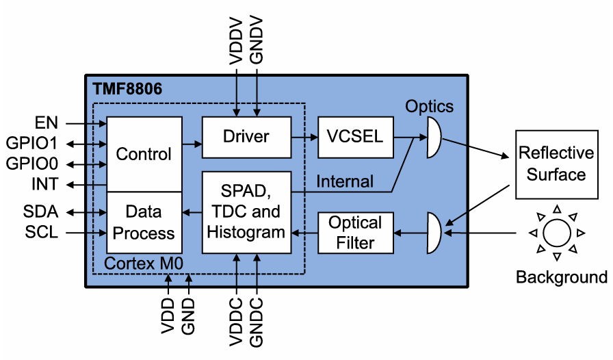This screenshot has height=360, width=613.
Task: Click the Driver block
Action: click(x=246, y=137)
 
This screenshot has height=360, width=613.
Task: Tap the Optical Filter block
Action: click(x=355, y=233)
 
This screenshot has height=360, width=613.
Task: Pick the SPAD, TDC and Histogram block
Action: click(x=246, y=212)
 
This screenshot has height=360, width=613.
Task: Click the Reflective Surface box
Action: click(x=556, y=164)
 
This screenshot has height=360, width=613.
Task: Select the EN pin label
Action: click(x=47, y=123)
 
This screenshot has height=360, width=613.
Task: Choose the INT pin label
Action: click(x=45, y=184)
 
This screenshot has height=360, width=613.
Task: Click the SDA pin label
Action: click(x=42, y=212)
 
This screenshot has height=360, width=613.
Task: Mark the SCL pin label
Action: click(x=42, y=233)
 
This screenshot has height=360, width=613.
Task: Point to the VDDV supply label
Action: click(x=236, y=44)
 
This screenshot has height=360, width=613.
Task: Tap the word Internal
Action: click(x=345, y=181)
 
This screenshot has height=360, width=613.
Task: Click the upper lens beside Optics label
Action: click(x=433, y=136)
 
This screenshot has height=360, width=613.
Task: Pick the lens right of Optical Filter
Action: click(x=433, y=233)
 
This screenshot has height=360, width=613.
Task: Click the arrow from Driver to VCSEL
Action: click(x=305, y=137)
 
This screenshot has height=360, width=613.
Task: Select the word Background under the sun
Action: click(x=561, y=277)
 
